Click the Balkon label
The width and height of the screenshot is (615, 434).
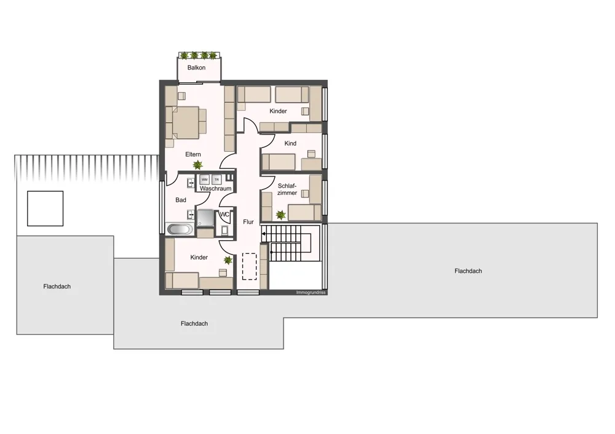196,68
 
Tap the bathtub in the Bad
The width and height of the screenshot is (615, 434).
180,229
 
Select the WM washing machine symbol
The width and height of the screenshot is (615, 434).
204,180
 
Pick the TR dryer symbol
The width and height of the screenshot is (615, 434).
216,180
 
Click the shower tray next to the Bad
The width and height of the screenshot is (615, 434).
205,218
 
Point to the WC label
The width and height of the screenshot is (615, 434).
224,215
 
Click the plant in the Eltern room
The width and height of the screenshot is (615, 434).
197,165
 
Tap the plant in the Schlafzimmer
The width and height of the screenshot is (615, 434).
281,215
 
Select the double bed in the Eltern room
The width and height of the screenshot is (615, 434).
186,122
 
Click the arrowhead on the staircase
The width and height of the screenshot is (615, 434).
264,234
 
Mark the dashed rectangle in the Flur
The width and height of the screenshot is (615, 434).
249,266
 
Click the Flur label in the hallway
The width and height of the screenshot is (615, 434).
248,222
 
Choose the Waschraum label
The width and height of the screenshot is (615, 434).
215,189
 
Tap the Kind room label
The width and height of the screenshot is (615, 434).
290,143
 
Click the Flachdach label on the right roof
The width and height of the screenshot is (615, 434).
468,271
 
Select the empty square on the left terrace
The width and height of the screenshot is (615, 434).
45,208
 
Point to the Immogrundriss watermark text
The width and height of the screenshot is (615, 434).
311,293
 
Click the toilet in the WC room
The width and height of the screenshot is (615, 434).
225,230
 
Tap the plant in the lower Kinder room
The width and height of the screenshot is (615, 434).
228,260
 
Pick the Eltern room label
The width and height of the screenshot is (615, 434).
193,154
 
